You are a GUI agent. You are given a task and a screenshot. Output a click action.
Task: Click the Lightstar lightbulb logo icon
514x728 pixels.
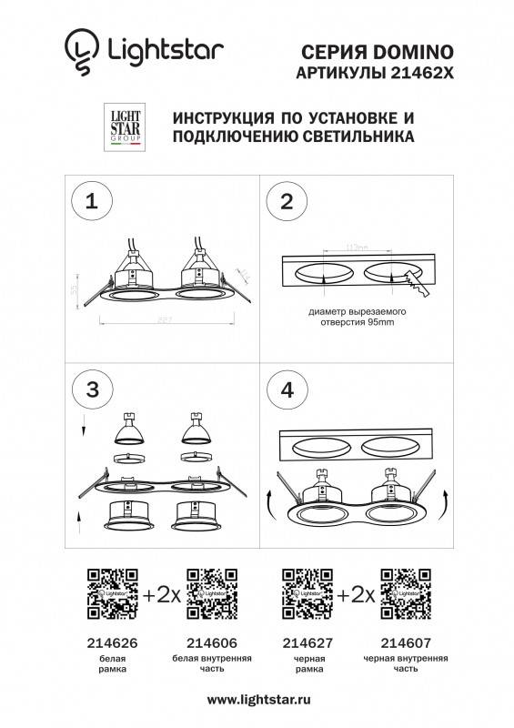[80, 51]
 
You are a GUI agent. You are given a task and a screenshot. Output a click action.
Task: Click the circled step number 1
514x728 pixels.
[90, 203]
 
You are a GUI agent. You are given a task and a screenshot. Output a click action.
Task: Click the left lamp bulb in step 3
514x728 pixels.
[128, 428]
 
